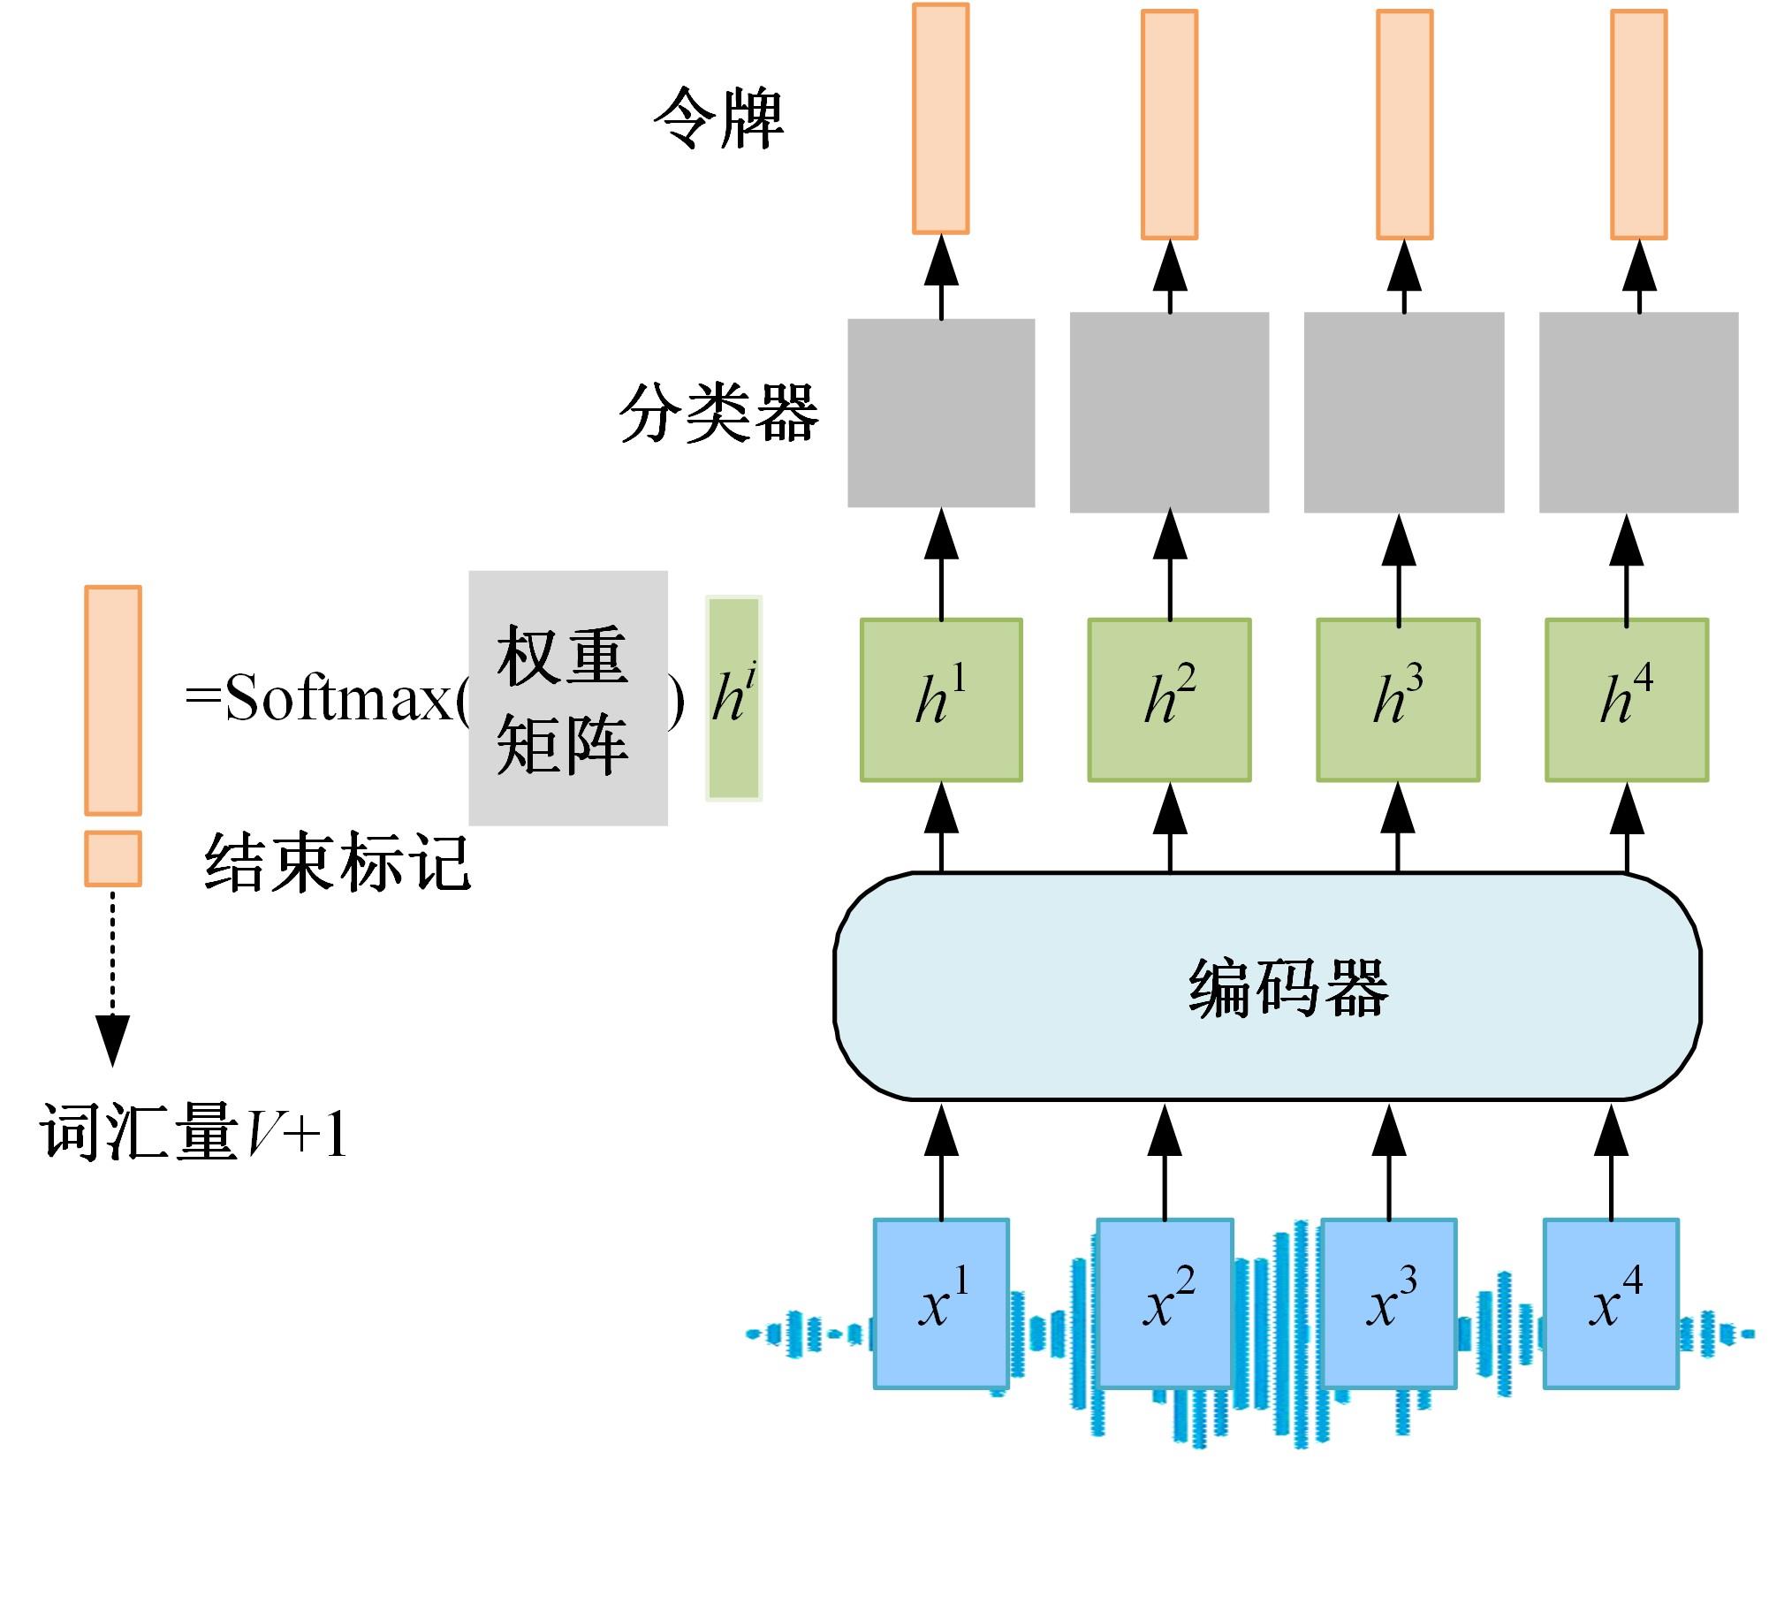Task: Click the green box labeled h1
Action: pos(941,700)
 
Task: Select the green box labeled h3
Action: pos(1398,700)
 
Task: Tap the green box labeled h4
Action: pos(1627,700)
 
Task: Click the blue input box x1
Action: pos(941,1304)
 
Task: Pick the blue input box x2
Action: pos(1165,1304)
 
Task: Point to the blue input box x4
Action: pos(1611,1304)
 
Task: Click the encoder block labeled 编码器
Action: pos(1268,986)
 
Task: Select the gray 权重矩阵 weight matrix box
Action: pos(567,698)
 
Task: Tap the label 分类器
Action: pos(718,413)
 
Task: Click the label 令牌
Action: pos(718,118)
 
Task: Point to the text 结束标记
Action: pos(338,862)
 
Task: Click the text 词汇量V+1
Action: pos(193,1132)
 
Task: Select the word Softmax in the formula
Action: pos(338,698)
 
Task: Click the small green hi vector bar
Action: pos(733,698)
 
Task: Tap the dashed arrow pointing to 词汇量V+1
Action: pos(112,972)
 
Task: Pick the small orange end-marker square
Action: pos(113,858)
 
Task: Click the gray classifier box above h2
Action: pos(1169,413)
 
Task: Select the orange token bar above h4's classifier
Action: pos(1638,125)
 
